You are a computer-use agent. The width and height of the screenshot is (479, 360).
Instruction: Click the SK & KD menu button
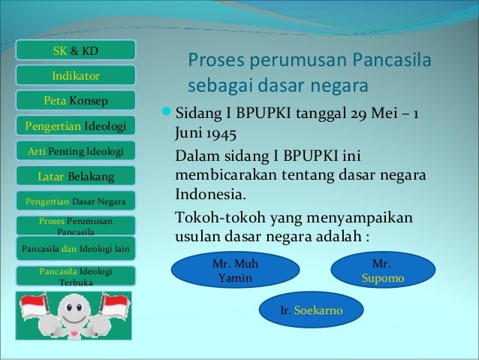(x=75, y=50)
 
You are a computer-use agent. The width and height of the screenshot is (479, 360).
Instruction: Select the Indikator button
(x=75, y=76)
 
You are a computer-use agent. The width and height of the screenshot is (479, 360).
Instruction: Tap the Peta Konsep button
(x=75, y=101)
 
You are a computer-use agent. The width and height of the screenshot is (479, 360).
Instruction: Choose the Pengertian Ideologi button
(x=75, y=126)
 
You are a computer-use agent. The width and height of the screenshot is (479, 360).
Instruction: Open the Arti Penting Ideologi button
(x=75, y=152)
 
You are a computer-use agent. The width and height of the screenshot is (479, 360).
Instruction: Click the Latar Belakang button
(x=75, y=177)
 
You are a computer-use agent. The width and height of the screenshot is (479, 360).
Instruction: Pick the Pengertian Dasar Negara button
(x=75, y=201)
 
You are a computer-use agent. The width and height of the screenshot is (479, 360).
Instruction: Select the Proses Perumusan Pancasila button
(x=75, y=226)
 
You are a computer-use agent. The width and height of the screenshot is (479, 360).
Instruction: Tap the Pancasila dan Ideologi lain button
(x=75, y=248)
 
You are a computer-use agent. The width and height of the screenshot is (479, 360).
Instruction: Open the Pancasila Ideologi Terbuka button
(x=75, y=276)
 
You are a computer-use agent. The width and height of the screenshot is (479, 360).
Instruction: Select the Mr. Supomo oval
(x=383, y=271)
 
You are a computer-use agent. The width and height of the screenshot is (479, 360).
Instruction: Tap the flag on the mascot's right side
(x=115, y=305)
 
